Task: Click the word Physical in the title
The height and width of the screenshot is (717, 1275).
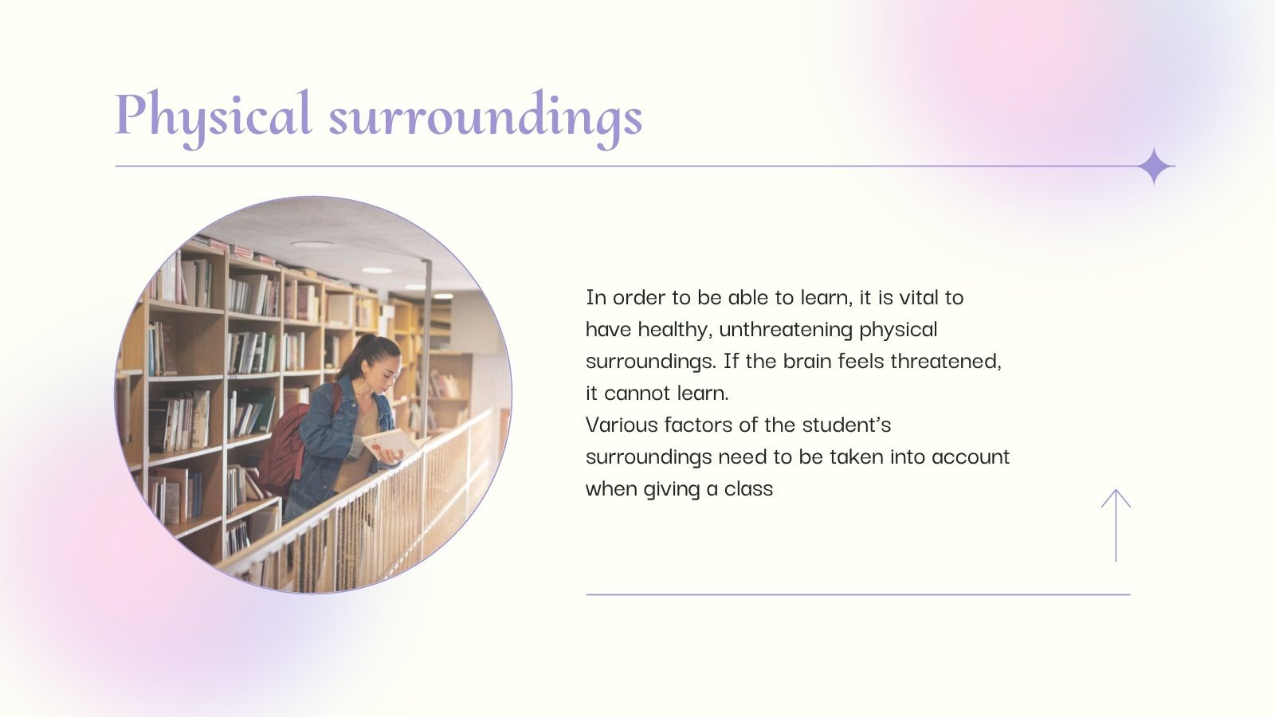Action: [x=213, y=116]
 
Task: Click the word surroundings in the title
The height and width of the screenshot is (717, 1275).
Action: [x=485, y=117]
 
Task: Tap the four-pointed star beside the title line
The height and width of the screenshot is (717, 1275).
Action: [x=1155, y=167]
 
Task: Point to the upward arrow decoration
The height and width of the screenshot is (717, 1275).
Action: [x=1116, y=525]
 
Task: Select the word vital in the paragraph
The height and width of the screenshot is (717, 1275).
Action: [x=919, y=298]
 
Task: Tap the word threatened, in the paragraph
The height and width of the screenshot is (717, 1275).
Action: [x=945, y=362]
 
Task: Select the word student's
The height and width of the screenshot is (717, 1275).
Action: [x=846, y=425]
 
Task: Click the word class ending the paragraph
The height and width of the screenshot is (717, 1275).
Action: [x=748, y=489]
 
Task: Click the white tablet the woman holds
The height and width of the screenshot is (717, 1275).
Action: [x=391, y=443]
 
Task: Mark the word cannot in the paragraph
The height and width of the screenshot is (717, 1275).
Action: [x=637, y=394]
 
